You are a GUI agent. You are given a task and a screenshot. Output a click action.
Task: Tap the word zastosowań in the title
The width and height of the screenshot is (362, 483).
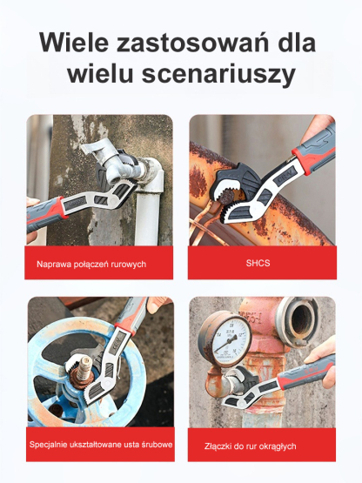click(194, 43)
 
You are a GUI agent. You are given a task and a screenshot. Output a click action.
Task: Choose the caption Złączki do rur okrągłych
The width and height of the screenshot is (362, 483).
click(251, 446)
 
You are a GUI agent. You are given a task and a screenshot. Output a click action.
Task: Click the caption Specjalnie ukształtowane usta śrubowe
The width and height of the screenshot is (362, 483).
click(100, 445)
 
